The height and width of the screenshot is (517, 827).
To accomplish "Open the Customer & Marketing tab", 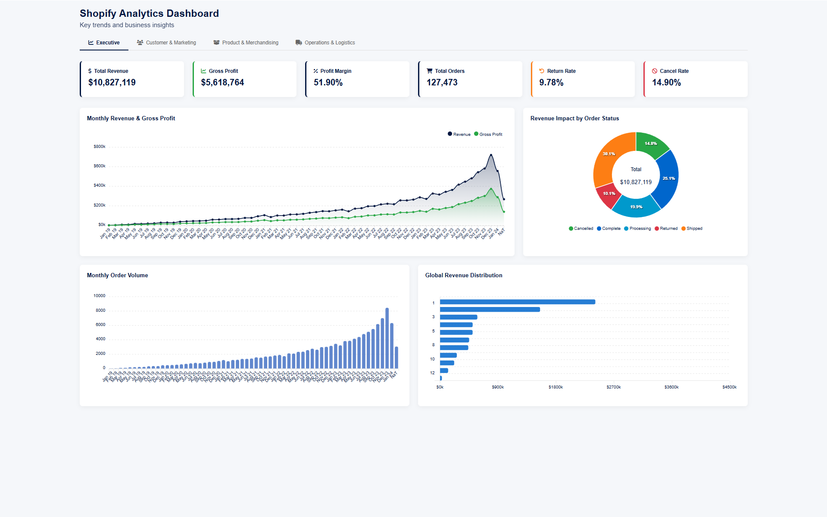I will [x=166, y=43].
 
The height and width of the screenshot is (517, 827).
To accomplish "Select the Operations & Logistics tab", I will [x=325, y=43].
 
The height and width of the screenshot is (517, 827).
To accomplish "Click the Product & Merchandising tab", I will [x=246, y=43].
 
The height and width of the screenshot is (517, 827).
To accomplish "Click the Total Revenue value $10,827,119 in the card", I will [x=112, y=82].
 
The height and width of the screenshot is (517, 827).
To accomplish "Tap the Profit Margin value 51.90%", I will [x=328, y=82].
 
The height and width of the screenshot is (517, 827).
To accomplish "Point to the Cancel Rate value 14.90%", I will [x=666, y=82].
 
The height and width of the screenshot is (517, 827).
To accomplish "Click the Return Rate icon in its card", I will [x=542, y=71].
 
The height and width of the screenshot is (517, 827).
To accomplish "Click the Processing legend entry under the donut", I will [x=637, y=229].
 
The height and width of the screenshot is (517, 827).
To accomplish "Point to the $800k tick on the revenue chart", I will [x=100, y=147].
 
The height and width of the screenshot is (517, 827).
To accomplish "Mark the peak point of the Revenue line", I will [x=491, y=155].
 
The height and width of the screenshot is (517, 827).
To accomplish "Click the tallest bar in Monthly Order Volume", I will [x=387, y=338].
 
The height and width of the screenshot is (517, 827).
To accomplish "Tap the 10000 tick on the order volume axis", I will [x=99, y=296].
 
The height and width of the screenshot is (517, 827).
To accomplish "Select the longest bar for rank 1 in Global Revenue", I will [x=517, y=302].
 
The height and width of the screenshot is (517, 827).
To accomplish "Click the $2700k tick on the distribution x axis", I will [x=613, y=387].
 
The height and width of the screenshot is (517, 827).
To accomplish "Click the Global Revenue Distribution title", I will [x=463, y=276].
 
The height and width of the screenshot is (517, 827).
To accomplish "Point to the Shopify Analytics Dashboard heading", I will [x=149, y=14].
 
